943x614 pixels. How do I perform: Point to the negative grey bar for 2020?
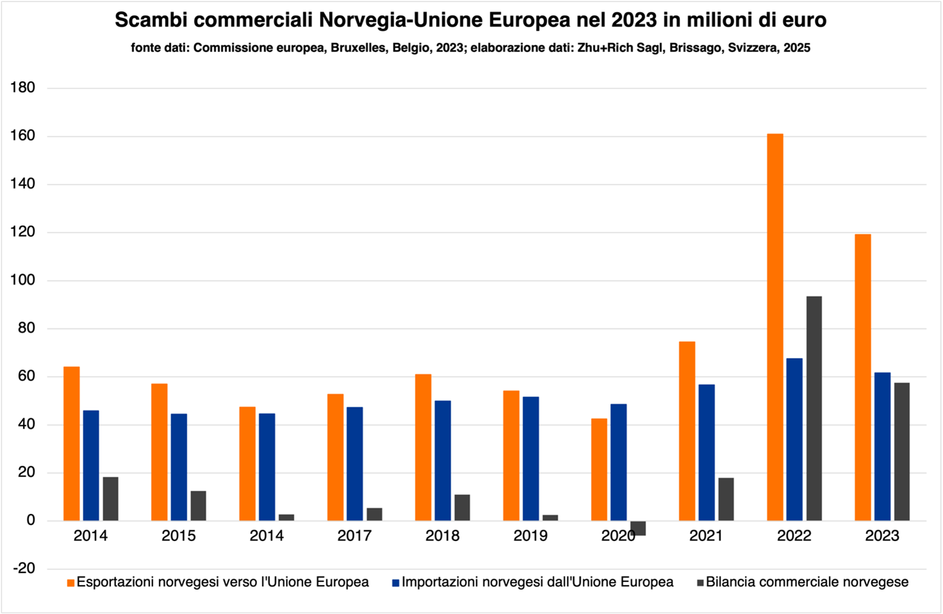tap(638, 528)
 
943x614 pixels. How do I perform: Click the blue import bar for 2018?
tap(442, 460)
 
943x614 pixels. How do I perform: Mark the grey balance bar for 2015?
tap(198, 505)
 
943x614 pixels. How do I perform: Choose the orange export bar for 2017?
tap(335, 457)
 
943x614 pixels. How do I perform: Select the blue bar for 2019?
tap(530, 458)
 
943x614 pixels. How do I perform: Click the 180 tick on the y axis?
tap(23, 88)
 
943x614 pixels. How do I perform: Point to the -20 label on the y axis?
tap(23, 569)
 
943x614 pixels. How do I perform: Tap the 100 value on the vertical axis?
tap(23, 280)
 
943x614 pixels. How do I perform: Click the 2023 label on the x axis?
tap(882, 536)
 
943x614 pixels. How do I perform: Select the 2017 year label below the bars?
tap(355, 536)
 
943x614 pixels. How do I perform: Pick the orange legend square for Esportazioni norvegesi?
tap(71, 583)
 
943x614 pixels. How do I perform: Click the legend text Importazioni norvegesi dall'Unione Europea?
tap(537, 582)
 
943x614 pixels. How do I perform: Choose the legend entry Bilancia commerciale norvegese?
tap(806, 582)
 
